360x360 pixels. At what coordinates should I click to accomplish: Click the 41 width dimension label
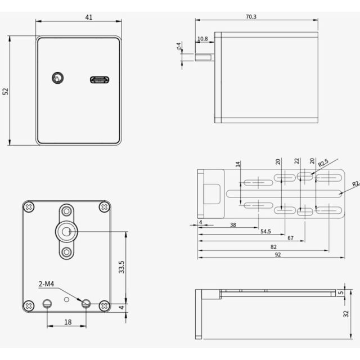coord(89,17)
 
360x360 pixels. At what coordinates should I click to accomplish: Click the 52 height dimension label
coord(5,91)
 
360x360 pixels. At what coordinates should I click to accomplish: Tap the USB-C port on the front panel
coord(100,80)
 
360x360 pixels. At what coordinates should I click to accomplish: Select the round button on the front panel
coord(57,78)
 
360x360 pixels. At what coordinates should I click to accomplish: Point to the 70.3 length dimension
coord(251,17)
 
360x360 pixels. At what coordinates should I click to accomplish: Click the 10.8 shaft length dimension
coord(202,39)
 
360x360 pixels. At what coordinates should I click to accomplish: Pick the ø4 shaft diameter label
coord(179,46)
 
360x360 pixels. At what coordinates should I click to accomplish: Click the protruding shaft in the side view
coord(205,57)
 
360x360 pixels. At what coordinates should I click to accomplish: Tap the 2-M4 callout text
coord(46,284)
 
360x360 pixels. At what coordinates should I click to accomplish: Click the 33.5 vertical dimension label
coord(121,267)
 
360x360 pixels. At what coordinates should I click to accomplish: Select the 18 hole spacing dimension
coord(67,322)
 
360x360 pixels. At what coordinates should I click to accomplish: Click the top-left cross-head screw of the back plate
coord(29,207)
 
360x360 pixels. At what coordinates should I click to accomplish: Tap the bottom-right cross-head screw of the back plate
coord(104,306)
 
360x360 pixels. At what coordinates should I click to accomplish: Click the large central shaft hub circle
coord(66,232)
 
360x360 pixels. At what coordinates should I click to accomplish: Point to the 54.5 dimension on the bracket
coord(265,231)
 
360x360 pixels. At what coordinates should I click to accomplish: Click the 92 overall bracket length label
coord(278,255)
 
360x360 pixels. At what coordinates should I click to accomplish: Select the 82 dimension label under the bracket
coord(273,247)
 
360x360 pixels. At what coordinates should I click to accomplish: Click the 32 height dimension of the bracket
coord(346,314)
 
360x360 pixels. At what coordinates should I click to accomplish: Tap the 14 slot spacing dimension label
coord(238,164)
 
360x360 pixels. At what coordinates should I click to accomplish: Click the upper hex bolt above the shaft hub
coord(66,211)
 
